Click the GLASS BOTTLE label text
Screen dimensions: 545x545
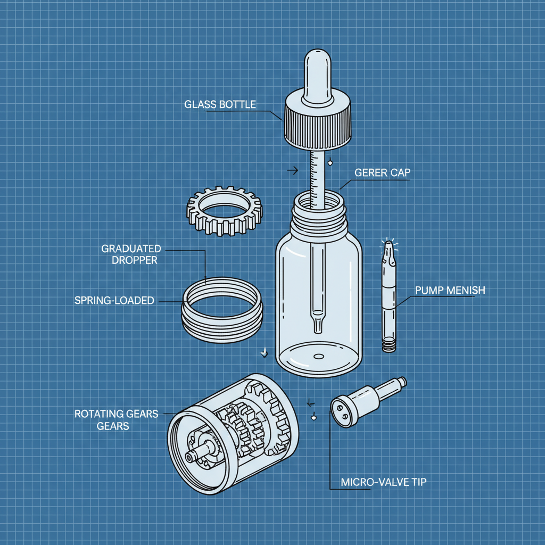220,104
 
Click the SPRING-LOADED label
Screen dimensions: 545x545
114,301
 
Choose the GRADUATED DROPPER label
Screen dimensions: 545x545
131,254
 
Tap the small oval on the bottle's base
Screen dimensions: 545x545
318,356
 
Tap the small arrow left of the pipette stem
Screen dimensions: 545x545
292,170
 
